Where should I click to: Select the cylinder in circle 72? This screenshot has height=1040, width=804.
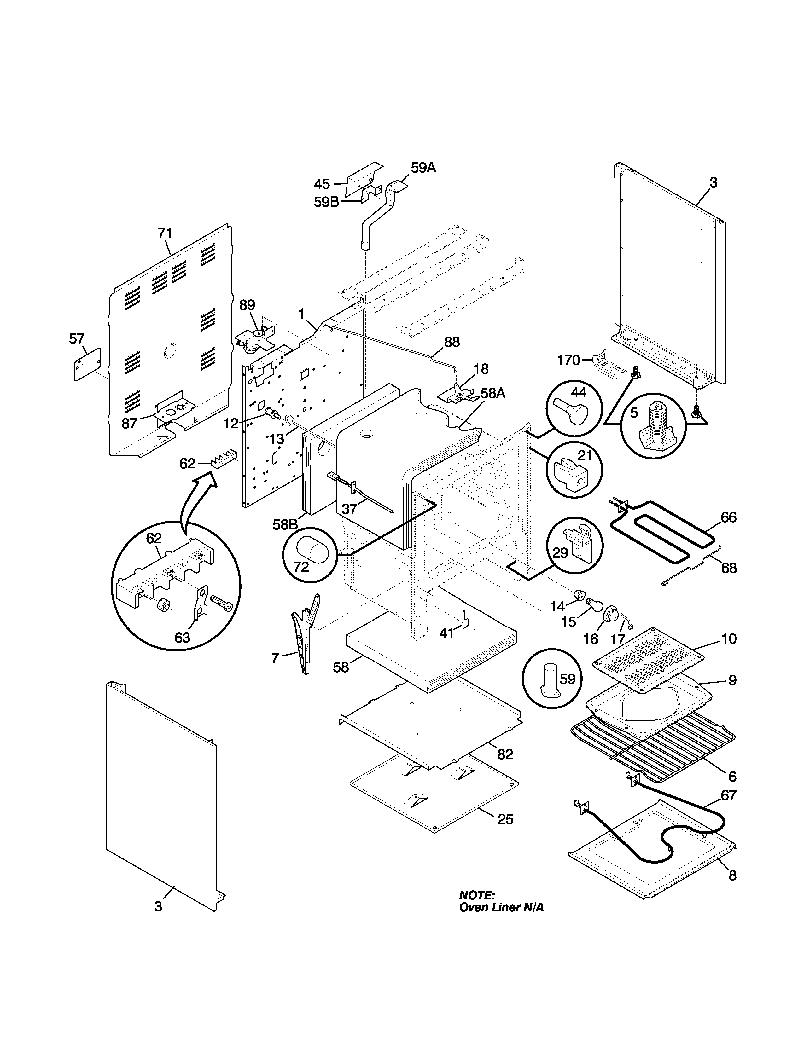tap(313, 551)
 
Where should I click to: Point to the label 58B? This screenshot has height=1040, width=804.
tap(285, 524)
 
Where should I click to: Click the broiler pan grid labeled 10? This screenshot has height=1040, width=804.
tap(649, 660)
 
